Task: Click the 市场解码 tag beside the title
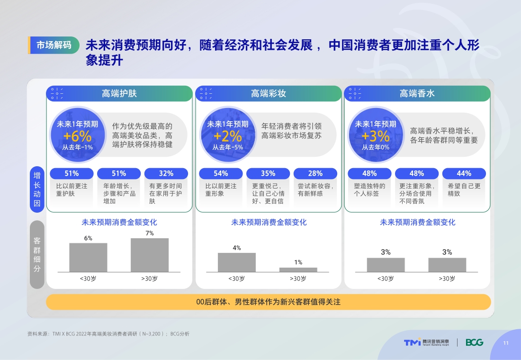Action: (x=54, y=45)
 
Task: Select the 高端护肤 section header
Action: (x=119, y=93)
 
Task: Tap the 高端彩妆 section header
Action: (x=268, y=93)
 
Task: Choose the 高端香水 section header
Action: (x=417, y=93)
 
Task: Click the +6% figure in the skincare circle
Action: (x=77, y=136)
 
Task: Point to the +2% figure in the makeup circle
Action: (x=227, y=136)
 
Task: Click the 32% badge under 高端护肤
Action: (x=166, y=173)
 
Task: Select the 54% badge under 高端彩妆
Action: (x=221, y=173)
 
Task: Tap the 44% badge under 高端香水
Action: (x=464, y=173)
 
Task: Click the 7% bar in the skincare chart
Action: (x=150, y=255)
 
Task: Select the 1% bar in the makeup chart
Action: (x=298, y=270)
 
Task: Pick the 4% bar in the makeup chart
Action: (x=237, y=262)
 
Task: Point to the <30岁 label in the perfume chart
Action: (x=386, y=279)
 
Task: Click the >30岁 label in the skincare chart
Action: (x=149, y=279)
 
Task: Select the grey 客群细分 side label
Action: (x=37, y=254)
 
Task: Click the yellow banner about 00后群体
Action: (x=269, y=302)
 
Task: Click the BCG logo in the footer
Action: (x=474, y=342)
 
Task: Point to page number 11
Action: (x=505, y=343)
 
